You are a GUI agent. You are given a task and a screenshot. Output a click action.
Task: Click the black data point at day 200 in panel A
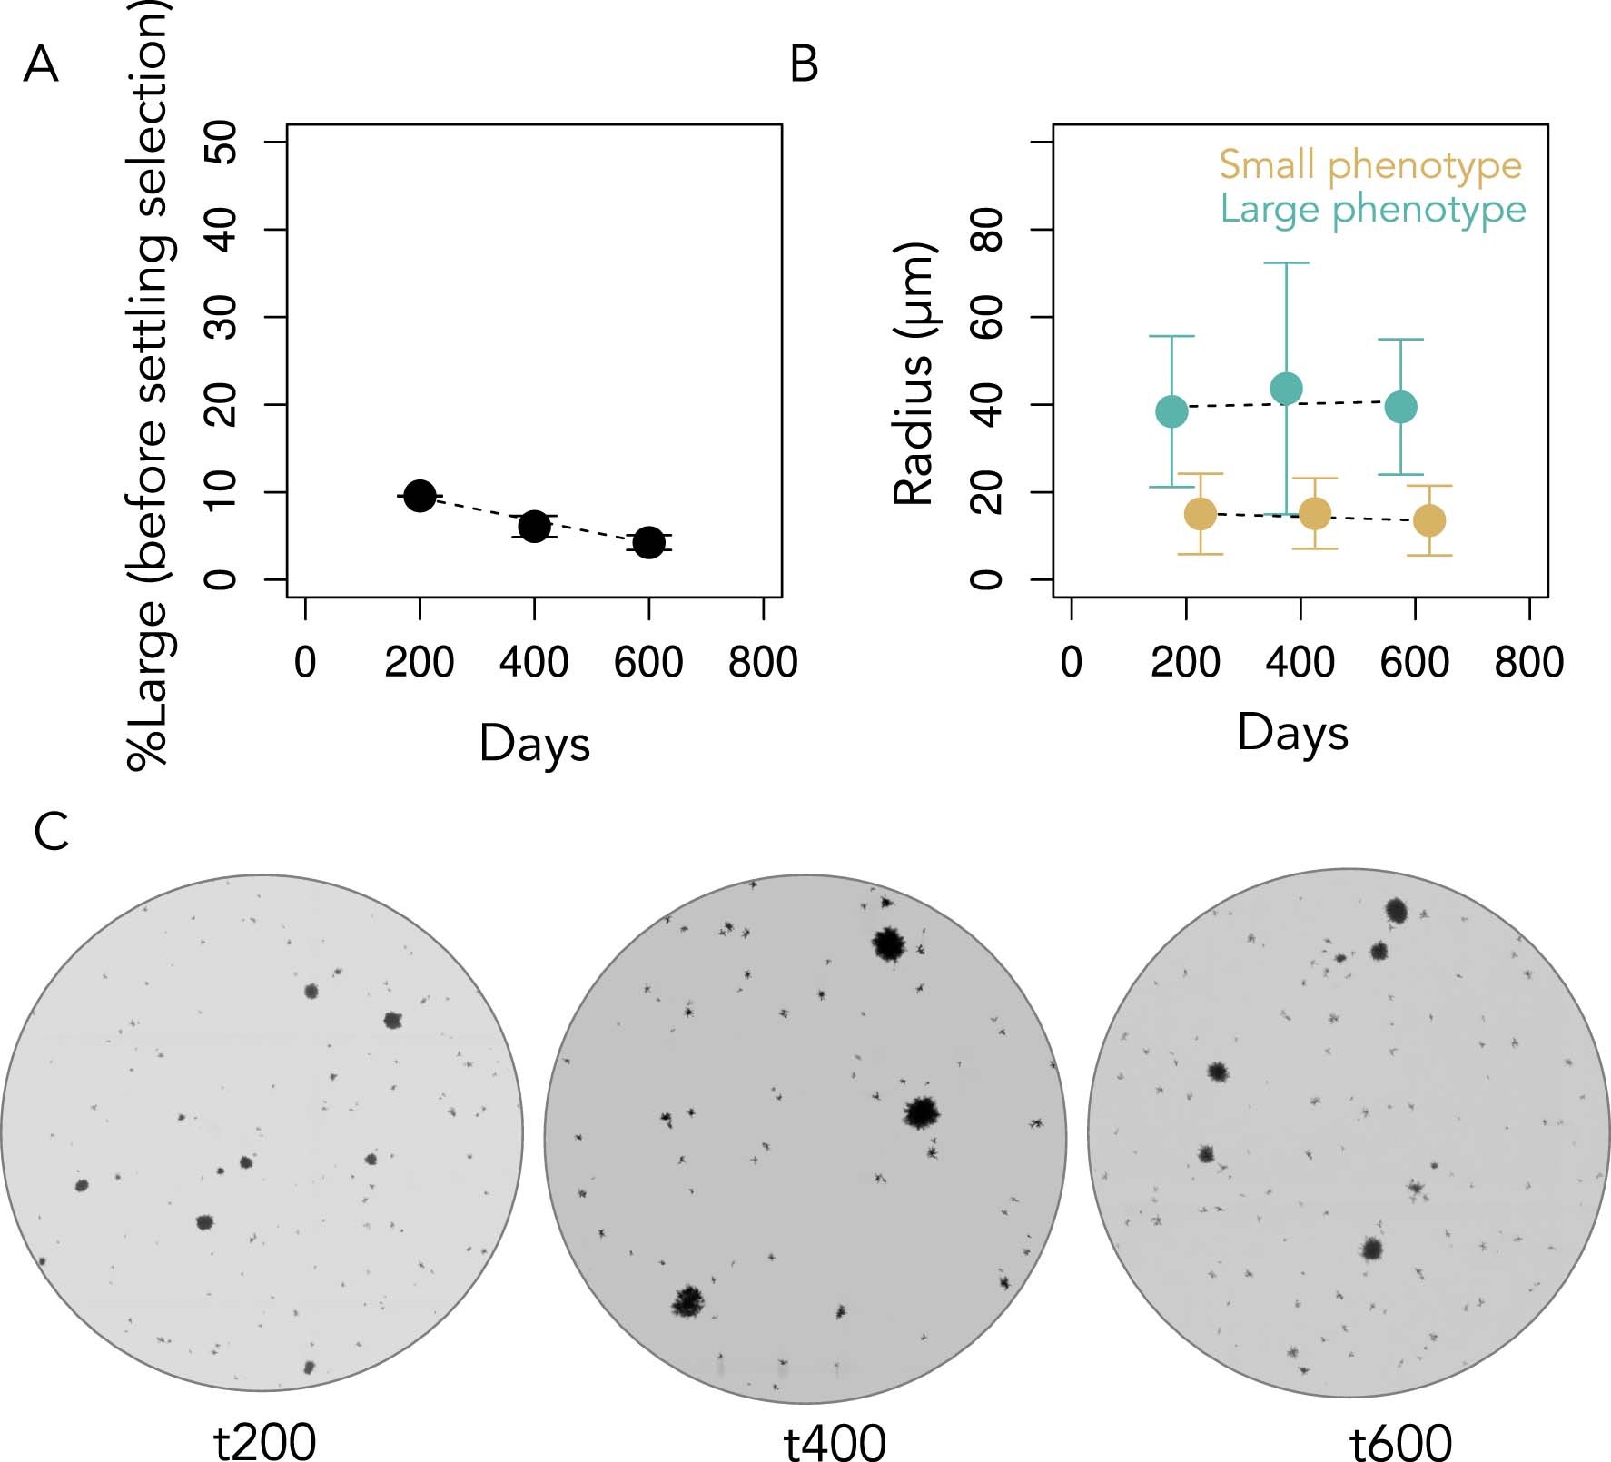coord(420,496)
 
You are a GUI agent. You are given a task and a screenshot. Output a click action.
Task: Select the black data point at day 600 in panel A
coord(648,543)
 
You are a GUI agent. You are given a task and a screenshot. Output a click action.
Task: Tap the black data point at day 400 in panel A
coord(534,526)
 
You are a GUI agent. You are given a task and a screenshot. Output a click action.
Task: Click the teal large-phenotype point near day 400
coord(1286,389)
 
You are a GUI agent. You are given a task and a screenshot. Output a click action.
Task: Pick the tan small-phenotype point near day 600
coord(1429,520)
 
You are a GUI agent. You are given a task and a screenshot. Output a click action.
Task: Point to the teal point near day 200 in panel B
coord(1171,411)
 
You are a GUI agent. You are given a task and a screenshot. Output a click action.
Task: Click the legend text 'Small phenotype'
coord(1369,165)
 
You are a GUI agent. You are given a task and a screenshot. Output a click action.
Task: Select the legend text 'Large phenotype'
coord(1372,209)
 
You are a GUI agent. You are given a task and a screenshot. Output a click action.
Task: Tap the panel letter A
coord(41,65)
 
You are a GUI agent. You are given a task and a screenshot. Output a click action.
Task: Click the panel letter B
coord(805,65)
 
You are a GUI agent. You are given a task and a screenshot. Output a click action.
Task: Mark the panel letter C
coord(51,831)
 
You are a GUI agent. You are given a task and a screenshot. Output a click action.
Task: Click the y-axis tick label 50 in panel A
coord(221,143)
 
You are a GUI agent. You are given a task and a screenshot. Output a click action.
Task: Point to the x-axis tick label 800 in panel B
coord(1529,662)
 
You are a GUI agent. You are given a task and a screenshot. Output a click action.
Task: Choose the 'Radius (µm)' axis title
coord(914,373)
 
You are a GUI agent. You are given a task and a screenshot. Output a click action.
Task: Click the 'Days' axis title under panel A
coord(534,744)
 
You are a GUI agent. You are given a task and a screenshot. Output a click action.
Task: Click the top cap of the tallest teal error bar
coord(1286,263)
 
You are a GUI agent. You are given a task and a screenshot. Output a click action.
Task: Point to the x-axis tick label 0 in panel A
coord(305,662)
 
